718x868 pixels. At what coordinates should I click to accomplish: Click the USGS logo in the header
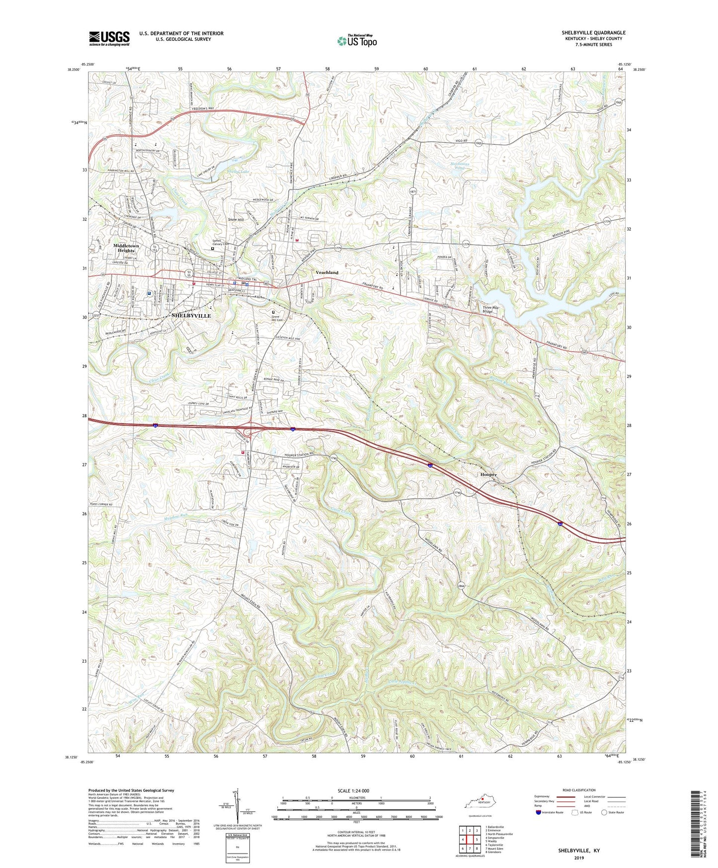(109, 38)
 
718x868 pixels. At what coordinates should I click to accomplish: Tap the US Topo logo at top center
(356, 41)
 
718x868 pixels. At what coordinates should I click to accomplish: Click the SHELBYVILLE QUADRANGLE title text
(593, 33)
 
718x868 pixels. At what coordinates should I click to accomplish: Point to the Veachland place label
(327, 272)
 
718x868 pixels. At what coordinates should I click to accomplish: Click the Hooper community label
(488, 475)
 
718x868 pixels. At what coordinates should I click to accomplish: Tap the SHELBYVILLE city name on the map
(191, 316)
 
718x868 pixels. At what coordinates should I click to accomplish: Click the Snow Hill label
(236, 219)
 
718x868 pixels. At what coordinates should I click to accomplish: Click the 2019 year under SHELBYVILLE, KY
(579, 858)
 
